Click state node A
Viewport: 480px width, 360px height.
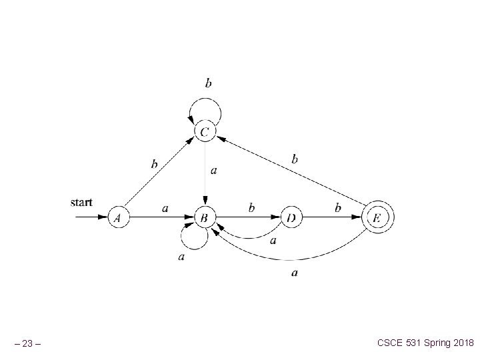[x=118, y=217]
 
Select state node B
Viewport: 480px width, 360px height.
[x=205, y=217]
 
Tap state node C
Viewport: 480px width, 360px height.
[x=205, y=132]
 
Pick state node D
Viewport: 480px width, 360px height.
[x=291, y=217]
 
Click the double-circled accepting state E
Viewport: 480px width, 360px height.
[x=377, y=217]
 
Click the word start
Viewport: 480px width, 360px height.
[x=81, y=201]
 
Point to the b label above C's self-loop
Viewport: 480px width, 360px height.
[x=209, y=83]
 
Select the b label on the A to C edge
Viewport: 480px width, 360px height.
[x=154, y=164]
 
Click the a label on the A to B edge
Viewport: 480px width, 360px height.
[x=165, y=208]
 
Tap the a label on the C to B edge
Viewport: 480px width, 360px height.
[x=213, y=171]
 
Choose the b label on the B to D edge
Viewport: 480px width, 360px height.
[x=251, y=208]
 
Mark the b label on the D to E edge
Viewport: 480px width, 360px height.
[x=338, y=208]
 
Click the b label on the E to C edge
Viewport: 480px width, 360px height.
[x=295, y=159]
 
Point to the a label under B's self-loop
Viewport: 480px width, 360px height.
[x=181, y=257]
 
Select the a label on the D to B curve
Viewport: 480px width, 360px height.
[x=273, y=240]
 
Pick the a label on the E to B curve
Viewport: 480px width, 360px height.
[x=295, y=272]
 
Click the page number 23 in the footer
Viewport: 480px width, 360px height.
[x=30, y=344]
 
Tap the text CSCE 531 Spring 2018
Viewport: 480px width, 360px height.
[x=425, y=343]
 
